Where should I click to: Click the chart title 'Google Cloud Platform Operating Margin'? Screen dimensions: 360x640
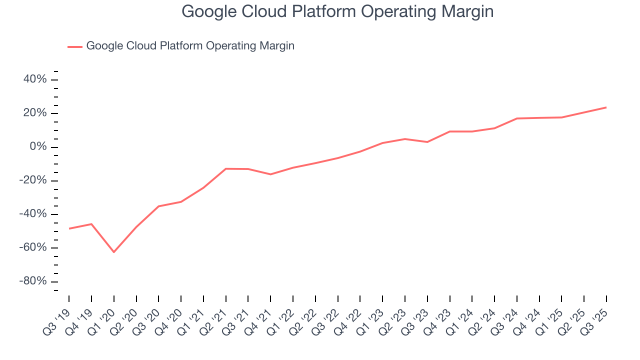tap(337, 11)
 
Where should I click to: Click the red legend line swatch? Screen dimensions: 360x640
tap(75, 46)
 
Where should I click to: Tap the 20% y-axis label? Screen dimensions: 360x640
tap(34, 113)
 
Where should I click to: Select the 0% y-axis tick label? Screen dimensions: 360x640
tap(37, 147)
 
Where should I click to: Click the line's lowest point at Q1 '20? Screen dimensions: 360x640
tap(113, 252)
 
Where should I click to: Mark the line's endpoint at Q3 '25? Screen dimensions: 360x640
tap(606, 107)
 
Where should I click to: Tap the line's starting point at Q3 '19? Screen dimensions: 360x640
tap(69, 228)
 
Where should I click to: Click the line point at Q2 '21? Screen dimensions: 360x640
tap(225, 168)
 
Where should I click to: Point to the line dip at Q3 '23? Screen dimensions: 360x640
tap(427, 142)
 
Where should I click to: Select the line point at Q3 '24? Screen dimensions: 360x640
tap(516, 118)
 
